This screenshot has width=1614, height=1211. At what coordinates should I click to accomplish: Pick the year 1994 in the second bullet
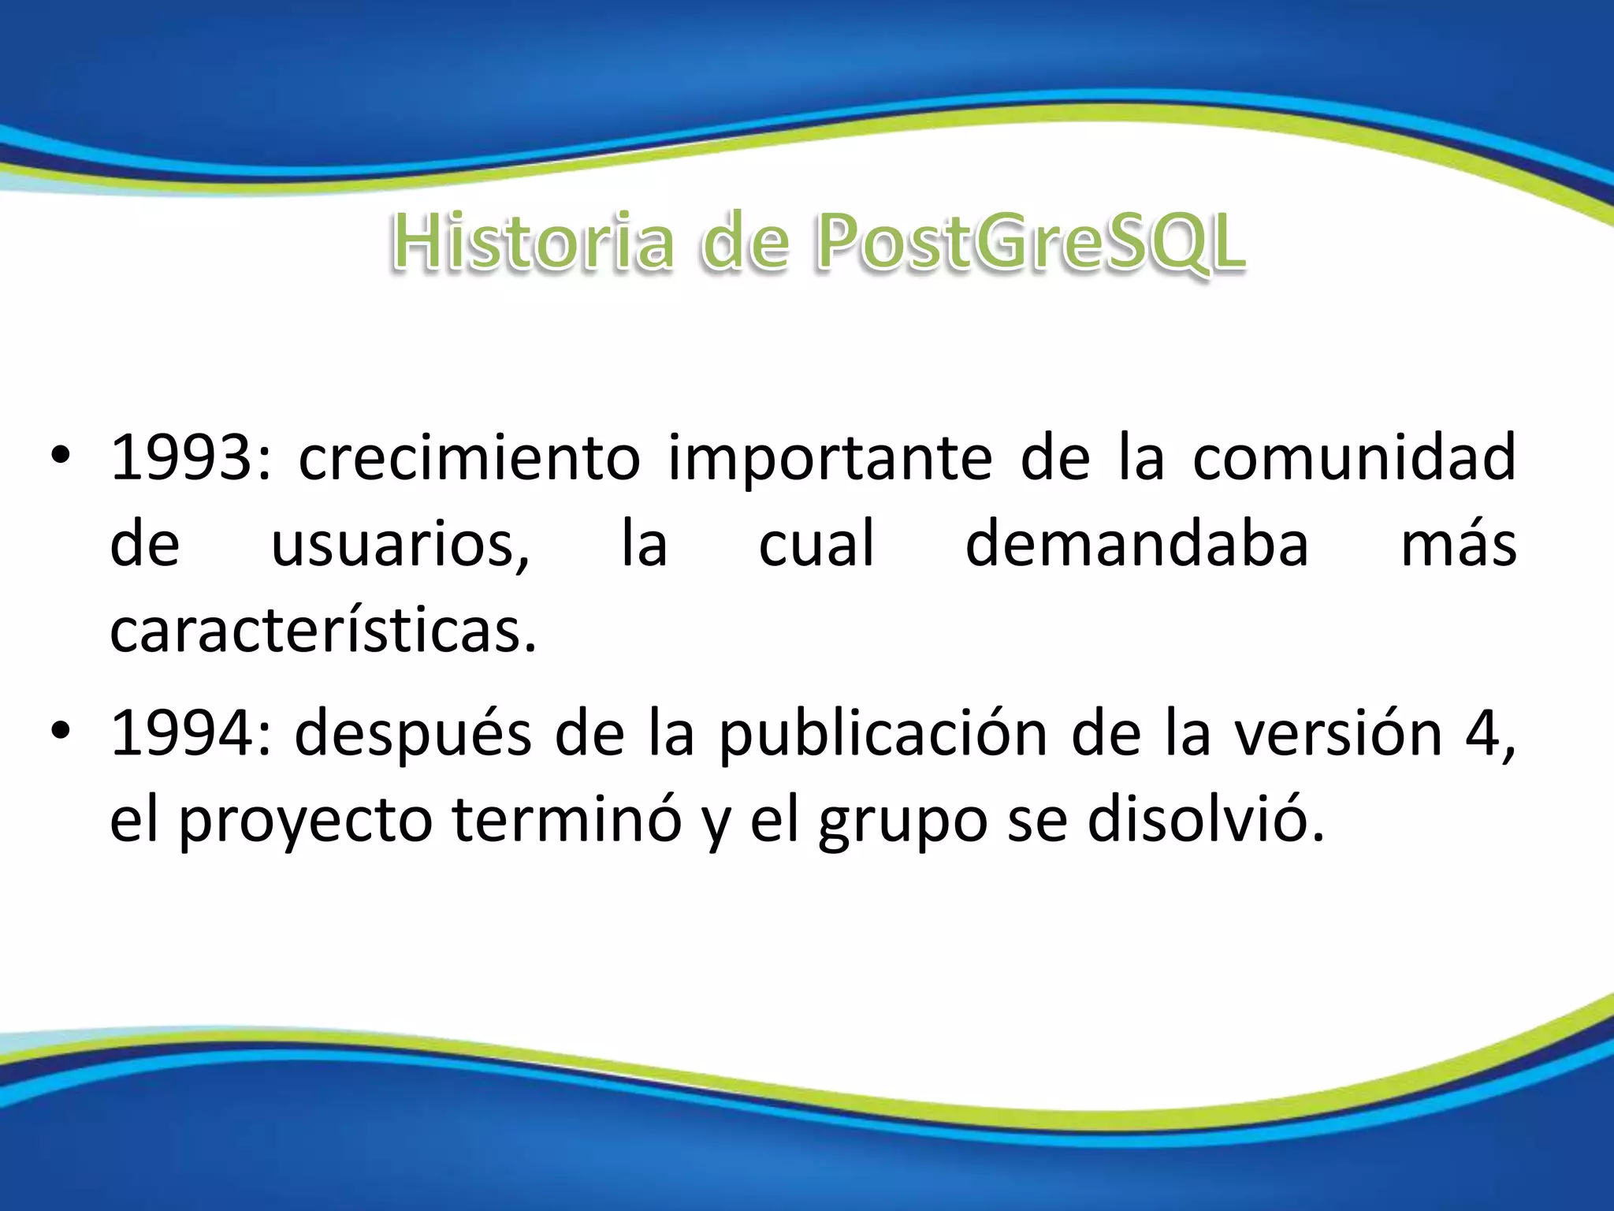(181, 733)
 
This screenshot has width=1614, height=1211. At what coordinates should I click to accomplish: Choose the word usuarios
(400, 544)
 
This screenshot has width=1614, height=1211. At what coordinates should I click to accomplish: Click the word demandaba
(1136, 544)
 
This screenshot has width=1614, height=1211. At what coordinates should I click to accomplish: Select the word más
(1458, 544)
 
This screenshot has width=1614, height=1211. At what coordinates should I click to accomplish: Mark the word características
(323, 631)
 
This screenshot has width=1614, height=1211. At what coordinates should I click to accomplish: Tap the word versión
(1337, 733)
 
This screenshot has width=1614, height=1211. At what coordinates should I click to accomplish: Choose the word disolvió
(1206, 820)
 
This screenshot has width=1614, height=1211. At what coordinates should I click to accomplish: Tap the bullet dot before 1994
(60, 733)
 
